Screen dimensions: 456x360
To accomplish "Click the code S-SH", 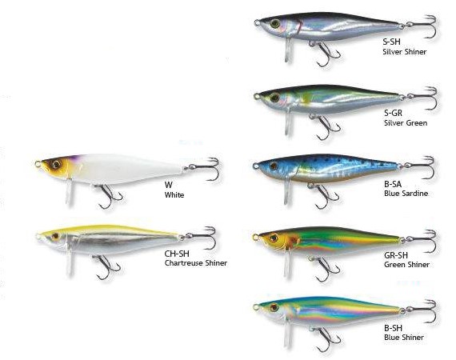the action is pos(391,42).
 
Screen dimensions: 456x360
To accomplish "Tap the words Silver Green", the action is pos(406,123).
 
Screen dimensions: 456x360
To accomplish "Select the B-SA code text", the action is pos(393,184).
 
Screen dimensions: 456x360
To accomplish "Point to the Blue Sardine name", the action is pos(406,194).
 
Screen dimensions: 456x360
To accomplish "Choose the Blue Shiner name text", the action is pos(404,338).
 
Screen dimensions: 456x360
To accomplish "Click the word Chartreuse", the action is pos(184,263).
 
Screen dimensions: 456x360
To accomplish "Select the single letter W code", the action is pos(168,185).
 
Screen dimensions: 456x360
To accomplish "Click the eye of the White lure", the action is pos(55,165).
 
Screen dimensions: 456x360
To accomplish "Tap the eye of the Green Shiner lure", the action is pos(274,238).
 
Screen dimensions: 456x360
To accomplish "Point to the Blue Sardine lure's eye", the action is pos(273,166).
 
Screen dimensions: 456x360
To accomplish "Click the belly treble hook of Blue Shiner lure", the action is pos(326,338).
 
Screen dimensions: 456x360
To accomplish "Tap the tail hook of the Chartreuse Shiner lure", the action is pos(201,237).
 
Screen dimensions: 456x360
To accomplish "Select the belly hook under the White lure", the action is pos(107,196).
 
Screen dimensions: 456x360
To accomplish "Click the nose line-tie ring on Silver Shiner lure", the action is pos(257,22).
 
